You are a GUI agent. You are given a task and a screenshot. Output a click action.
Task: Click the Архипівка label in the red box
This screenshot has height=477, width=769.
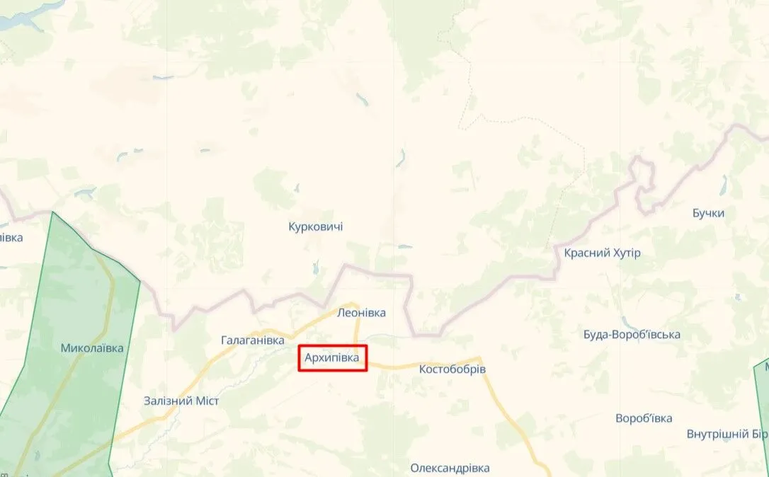coord(331,359)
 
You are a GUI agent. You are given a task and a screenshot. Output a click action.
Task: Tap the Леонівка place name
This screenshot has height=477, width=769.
coord(361,312)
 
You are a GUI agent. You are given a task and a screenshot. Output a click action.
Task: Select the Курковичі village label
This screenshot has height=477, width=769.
coord(316,226)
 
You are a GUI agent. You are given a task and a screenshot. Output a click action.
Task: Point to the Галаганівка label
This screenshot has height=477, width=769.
coord(253,340)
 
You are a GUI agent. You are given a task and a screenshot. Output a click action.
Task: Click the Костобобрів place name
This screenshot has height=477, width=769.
coord(452,369)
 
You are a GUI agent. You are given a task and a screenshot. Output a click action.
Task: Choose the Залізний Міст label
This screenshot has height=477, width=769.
coord(181,401)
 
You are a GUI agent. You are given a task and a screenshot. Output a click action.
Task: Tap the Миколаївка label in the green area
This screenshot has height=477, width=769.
coord(92,348)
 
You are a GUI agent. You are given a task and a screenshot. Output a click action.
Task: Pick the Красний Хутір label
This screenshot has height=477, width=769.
coord(602,253)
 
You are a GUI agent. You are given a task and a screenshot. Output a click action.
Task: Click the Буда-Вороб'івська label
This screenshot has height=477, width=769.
coord(632,334)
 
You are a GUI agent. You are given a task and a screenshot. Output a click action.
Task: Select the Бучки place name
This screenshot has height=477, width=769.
coord(709,213)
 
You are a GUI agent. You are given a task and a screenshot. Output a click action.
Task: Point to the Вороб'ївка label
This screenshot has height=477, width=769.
coord(644,418)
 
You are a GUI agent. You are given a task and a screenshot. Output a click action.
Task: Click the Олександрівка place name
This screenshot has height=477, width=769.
coord(450,468)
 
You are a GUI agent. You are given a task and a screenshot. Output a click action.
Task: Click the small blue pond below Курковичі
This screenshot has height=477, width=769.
coord(317,268)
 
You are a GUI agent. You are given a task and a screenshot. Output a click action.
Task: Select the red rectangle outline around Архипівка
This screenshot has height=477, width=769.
coord(332,346)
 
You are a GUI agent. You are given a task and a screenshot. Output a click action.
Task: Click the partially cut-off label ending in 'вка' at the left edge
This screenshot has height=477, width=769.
coord(11,237)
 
